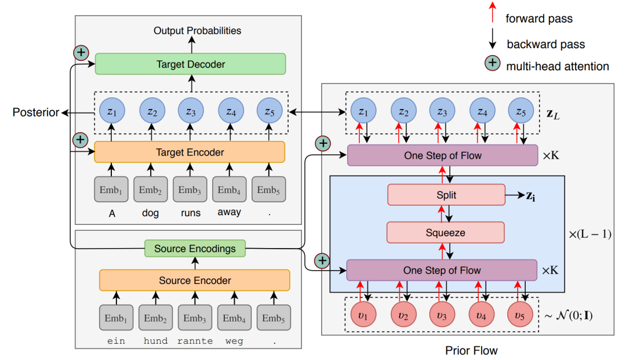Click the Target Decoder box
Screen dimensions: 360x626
coord(190,64)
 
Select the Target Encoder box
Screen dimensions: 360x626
coord(190,152)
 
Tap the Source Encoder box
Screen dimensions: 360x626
coord(195,280)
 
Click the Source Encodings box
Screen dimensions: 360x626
coord(195,249)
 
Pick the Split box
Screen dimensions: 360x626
coord(446,195)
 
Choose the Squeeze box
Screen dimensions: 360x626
coord(446,232)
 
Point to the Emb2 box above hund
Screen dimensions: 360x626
coord(155,318)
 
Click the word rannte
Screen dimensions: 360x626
coord(195,341)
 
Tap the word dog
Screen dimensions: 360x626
coord(150,213)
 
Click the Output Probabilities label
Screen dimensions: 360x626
coord(197,30)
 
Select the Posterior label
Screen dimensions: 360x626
coord(36,113)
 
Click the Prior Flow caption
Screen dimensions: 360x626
coord(471,350)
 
